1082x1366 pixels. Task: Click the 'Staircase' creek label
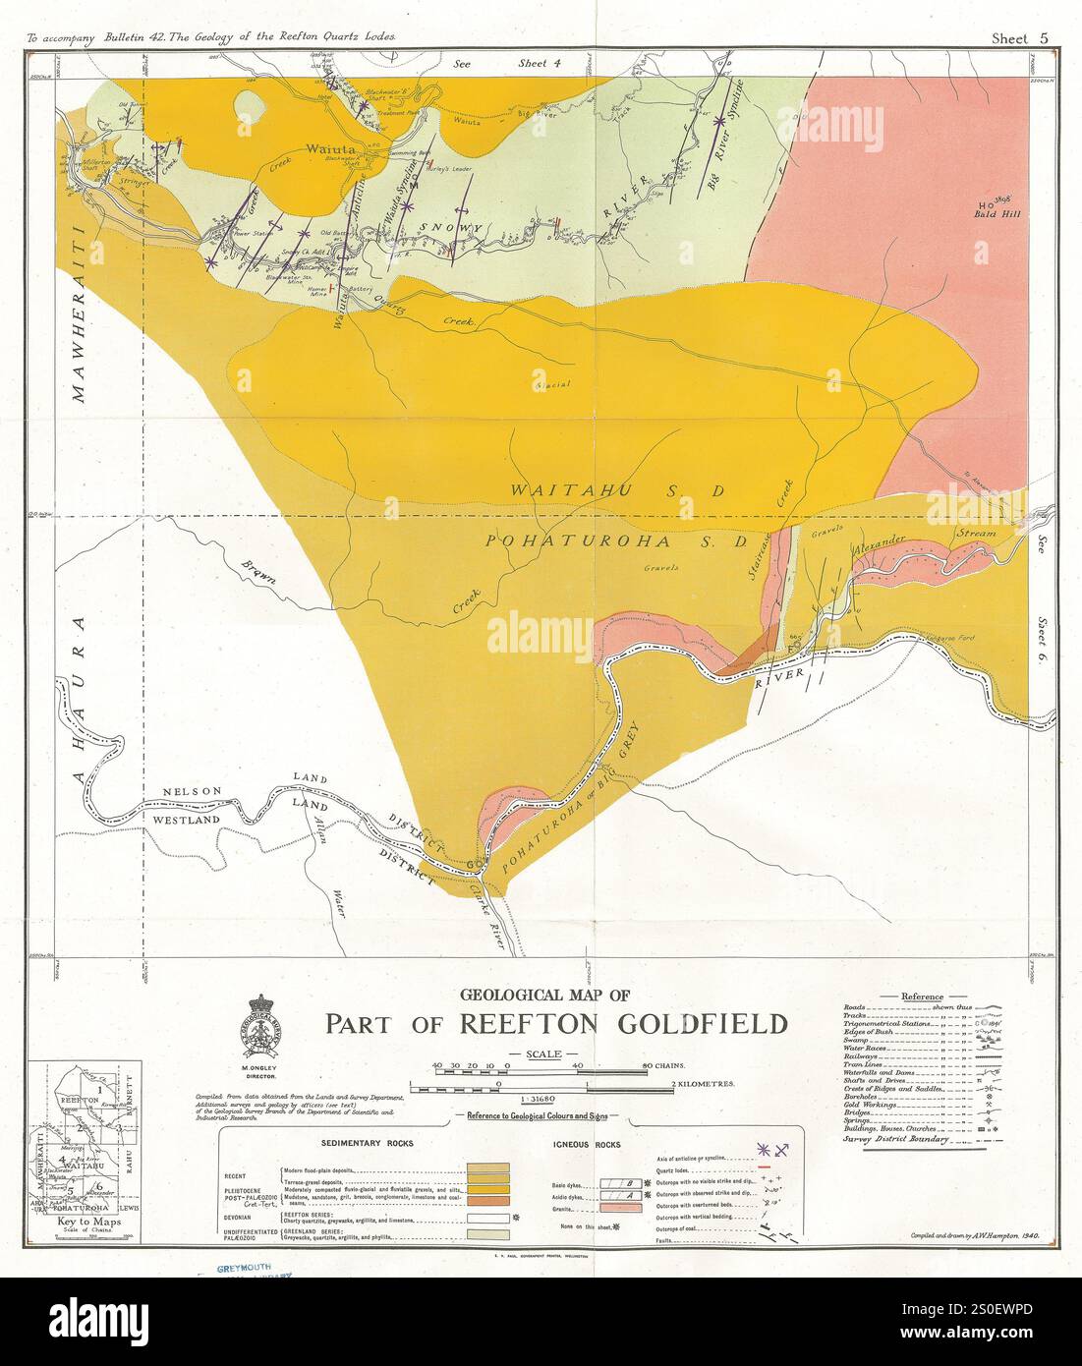[x=768, y=560]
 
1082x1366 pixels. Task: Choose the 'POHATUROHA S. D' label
[x=617, y=541]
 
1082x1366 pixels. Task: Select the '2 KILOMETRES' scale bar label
[x=703, y=1084]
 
